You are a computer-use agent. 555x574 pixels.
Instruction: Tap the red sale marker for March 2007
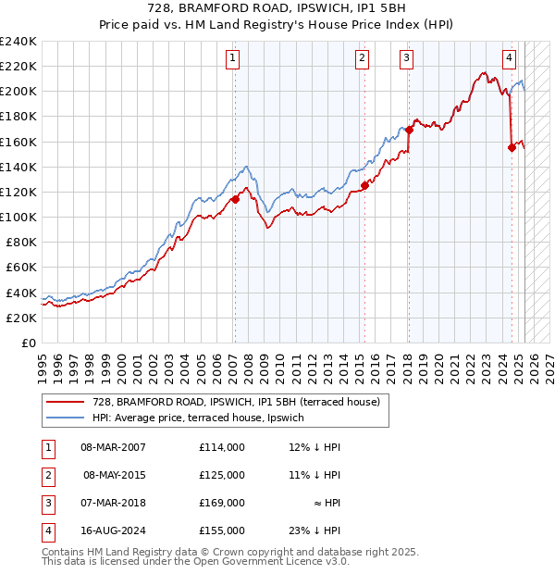pyautogui.click(x=235, y=198)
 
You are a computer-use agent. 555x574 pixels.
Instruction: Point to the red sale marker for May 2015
pyautogui.click(x=364, y=185)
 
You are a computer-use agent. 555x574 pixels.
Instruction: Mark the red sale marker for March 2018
pyautogui.click(x=409, y=130)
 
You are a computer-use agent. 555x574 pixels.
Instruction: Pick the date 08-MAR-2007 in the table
pyautogui.click(x=113, y=447)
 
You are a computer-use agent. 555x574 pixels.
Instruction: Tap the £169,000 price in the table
pyautogui.click(x=221, y=504)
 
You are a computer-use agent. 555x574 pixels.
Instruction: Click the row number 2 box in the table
pyautogui.click(x=45, y=476)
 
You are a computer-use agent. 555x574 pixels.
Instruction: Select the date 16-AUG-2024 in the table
pyautogui.click(x=113, y=531)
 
